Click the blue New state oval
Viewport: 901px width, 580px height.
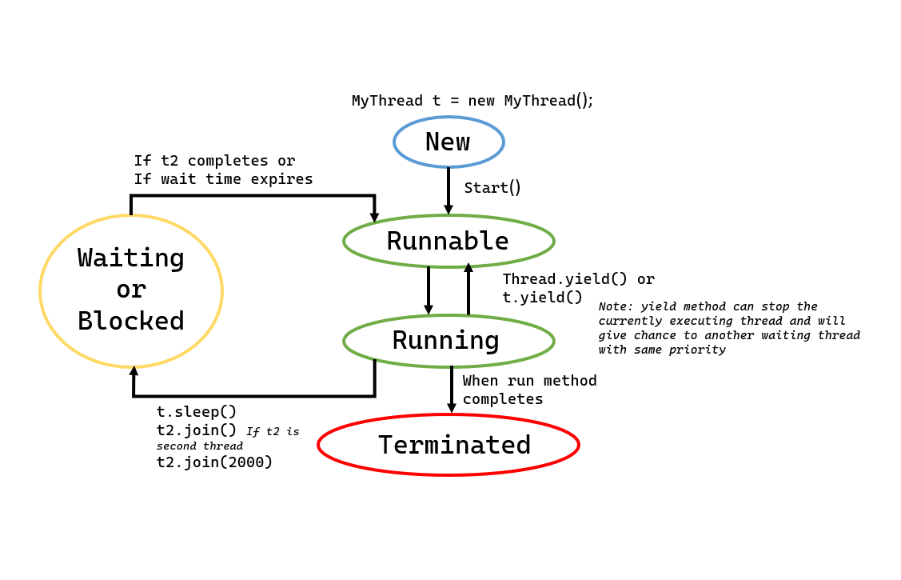pyautogui.click(x=449, y=142)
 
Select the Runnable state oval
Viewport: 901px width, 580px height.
pyautogui.click(x=449, y=241)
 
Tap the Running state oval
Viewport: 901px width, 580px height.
pyautogui.click(x=449, y=341)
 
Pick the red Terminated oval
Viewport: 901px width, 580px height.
pyautogui.click(x=449, y=445)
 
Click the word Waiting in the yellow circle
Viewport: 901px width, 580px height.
pyautogui.click(x=131, y=258)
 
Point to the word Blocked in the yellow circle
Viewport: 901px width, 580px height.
pyautogui.click(x=131, y=321)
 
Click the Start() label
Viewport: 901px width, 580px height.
pyautogui.click(x=492, y=188)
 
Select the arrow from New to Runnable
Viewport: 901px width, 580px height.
pyautogui.click(x=449, y=190)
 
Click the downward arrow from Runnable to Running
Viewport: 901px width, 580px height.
pyautogui.click(x=429, y=290)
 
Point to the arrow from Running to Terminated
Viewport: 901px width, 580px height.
pyautogui.click(x=452, y=390)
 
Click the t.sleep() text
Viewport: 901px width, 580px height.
pyautogui.click(x=197, y=412)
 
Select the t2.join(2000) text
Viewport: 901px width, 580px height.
pyautogui.click(x=214, y=462)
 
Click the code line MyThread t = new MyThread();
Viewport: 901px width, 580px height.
pyautogui.click(x=472, y=101)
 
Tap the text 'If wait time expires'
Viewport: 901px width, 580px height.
pyautogui.click(x=223, y=179)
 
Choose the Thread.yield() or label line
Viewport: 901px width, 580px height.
pyautogui.click(x=578, y=279)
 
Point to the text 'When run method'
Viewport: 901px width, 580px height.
pyautogui.click(x=529, y=381)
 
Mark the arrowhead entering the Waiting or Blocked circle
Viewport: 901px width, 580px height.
pyautogui.click(x=134, y=370)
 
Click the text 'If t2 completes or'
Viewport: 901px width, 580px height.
pyautogui.click(x=214, y=161)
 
